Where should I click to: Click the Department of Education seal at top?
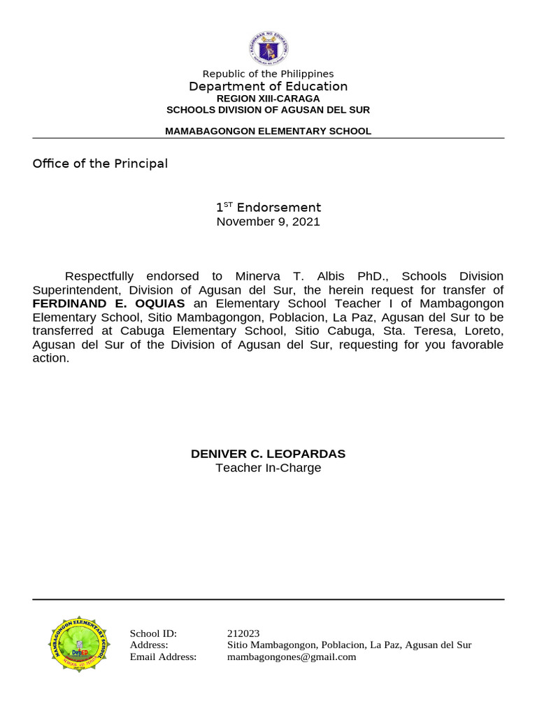pyautogui.click(x=268, y=50)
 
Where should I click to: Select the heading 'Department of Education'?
pyautogui.click(x=268, y=86)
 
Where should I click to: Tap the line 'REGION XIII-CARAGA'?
pyautogui.click(x=268, y=99)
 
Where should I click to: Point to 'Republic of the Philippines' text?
pyautogui.click(x=268, y=73)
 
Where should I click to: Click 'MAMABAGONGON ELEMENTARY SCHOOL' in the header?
pyautogui.click(x=268, y=131)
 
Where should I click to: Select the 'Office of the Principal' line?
pyautogui.click(x=100, y=164)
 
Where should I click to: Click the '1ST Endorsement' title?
pyautogui.click(x=268, y=208)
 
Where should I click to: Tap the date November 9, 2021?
pyautogui.click(x=268, y=222)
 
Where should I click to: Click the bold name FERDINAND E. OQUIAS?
pyautogui.click(x=108, y=303)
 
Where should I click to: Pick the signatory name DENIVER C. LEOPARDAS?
pyautogui.click(x=268, y=454)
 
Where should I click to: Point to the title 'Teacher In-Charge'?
pyautogui.click(x=268, y=468)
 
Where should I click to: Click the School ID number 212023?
pyautogui.click(x=243, y=633)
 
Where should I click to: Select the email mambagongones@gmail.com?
pyautogui.click(x=292, y=657)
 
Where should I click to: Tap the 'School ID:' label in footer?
pyautogui.click(x=153, y=633)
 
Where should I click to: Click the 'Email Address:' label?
pyautogui.click(x=163, y=657)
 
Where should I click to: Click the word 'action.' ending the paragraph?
pyautogui.click(x=51, y=358)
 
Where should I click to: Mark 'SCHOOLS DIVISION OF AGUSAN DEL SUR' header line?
pyautogui.click(x=268, y=110)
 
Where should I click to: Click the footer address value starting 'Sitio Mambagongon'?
pyautogui.click(x=350, y=645)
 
